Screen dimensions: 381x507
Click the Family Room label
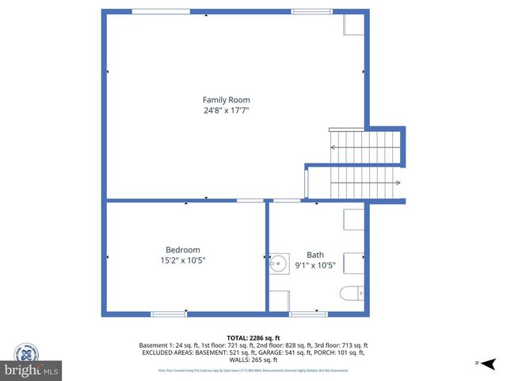coord(226,100)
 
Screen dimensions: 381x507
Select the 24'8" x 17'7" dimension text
coord(226,111)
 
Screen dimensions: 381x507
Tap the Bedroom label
coord(182,249)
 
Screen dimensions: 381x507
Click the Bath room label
coord(315,255)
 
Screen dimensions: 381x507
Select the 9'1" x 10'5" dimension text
coord(315,265)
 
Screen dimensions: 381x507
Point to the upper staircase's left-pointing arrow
coord(334,148)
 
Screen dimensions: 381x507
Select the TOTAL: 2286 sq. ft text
coord(253,337)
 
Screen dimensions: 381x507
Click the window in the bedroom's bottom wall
coord(169,314)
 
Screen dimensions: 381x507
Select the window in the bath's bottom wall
coord(309,314)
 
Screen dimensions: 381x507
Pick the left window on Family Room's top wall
coord(155,11)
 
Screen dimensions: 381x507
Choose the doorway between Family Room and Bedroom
coord(250,200)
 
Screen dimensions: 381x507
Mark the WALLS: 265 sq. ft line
coord(253,360)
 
